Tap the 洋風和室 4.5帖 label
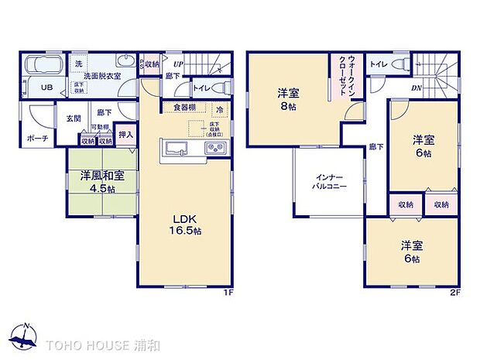click(x=98, y=183)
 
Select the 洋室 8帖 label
click(x=289, y=101)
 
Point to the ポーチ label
click(x=37, y=139)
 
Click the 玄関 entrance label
click(x=73, y=118)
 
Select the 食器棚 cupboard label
click(x=183, y=108)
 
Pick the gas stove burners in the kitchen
click(x=214, y=147)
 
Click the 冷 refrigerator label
click(x=221, y=109)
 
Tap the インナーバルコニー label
click(x=330, y=181)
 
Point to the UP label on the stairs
click(x=179, y=63)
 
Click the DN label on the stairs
click(x=416, y=87)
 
